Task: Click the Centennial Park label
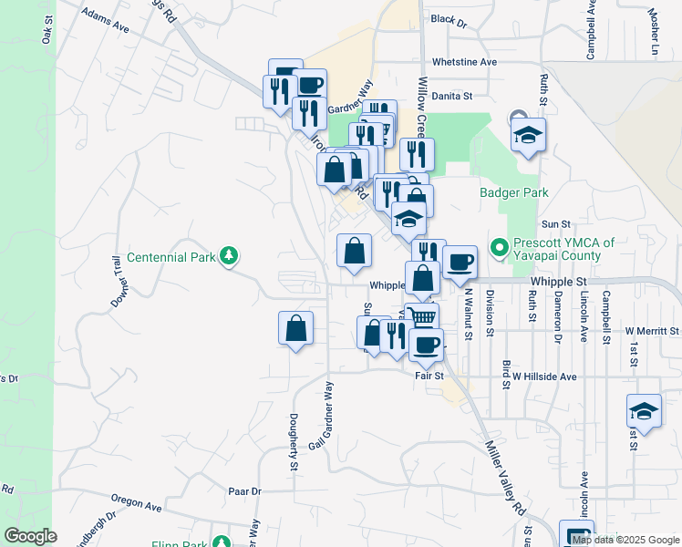171,258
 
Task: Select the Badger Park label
514,193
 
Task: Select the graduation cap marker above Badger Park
528,135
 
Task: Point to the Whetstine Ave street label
464,62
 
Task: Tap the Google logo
29,535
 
